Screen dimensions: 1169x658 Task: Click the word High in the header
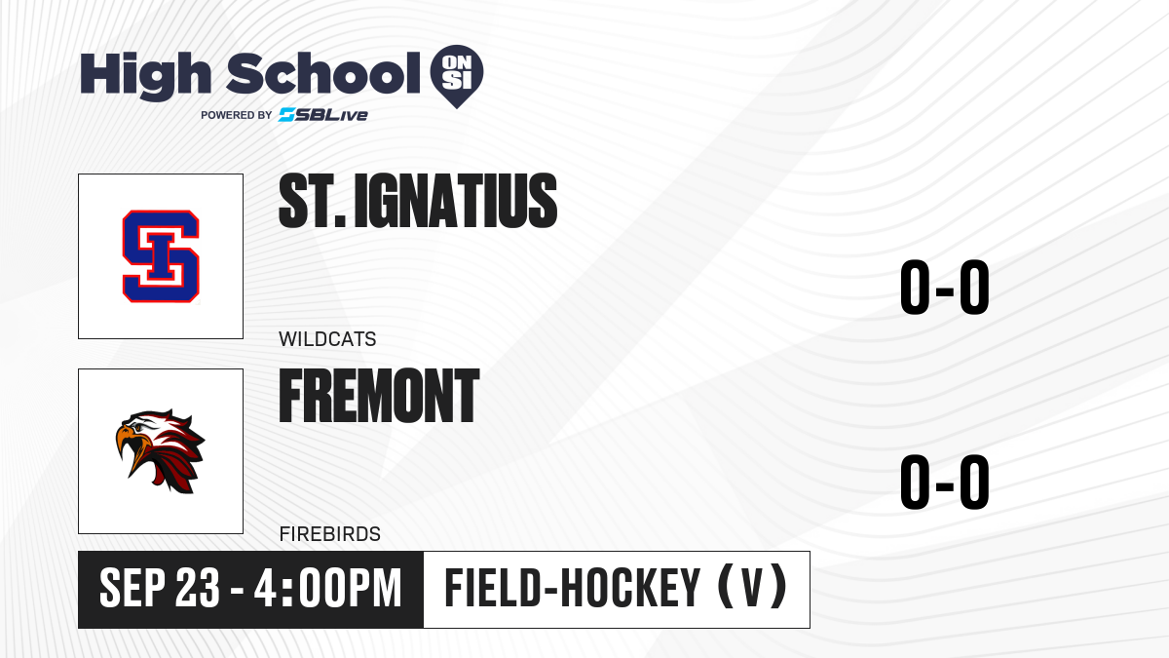[146, 75]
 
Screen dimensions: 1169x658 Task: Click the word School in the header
[323, 73]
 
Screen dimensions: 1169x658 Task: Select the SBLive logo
[323, 115]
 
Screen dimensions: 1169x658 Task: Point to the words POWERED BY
[237, 115]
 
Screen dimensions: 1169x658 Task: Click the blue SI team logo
[161, 256]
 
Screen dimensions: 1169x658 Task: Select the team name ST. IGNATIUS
[418, 201]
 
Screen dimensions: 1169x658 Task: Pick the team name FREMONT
[379, 396]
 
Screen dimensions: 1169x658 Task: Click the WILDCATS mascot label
[327, 339]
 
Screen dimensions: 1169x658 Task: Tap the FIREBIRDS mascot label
[330, 534]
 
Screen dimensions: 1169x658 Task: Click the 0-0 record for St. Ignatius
[945, 288]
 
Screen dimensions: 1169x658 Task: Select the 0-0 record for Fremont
[945, 482]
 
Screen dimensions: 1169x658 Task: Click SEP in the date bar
[132, 589]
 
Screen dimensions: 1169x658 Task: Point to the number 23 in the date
[197, 589]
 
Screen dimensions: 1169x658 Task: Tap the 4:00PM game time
[327, 589]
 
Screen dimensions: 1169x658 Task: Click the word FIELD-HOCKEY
[572, 589]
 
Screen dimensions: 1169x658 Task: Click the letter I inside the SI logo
[160, 256]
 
